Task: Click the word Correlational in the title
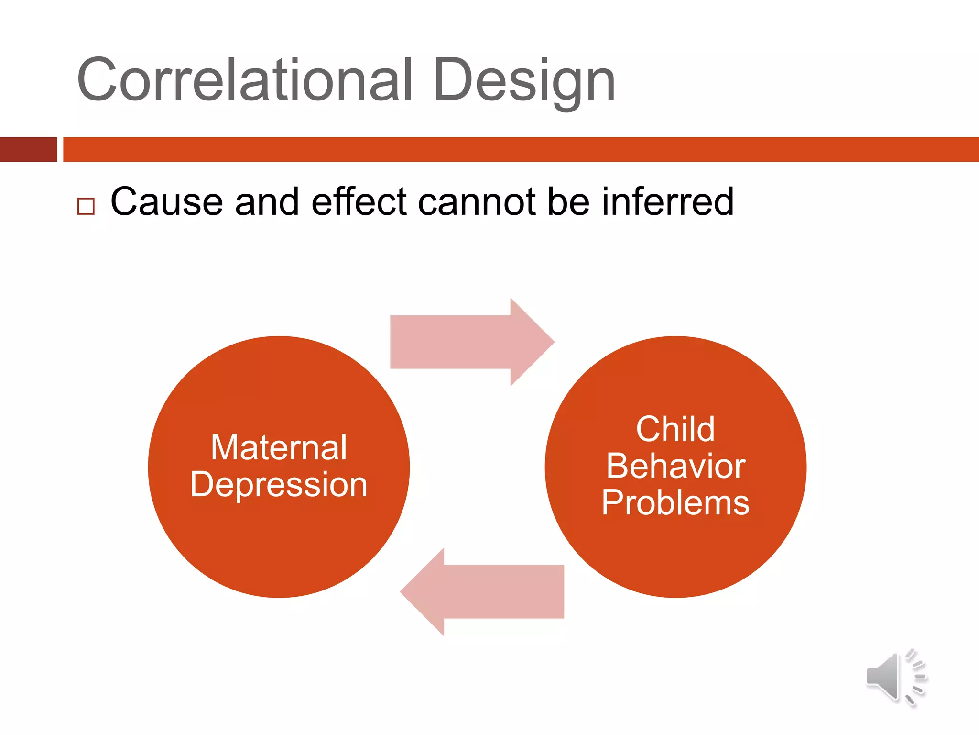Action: tap(244, 80)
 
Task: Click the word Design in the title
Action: tap(524, 80)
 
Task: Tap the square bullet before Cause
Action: tap(86, 206)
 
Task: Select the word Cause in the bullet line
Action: tap(166, 202)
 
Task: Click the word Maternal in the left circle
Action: tap(279, 448)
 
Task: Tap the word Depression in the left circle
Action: tap(279, 485)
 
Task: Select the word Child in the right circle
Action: tap(675, 429)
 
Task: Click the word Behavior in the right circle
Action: tap(675, 466)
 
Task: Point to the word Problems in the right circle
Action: tap(675, 502)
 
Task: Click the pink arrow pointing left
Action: tap(483, 592)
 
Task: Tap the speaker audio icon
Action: tap(884, 677)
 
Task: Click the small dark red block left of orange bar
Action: tap(28, 149)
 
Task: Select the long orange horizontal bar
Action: tap(521, 149)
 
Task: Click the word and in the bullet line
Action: tap(267, 202)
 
